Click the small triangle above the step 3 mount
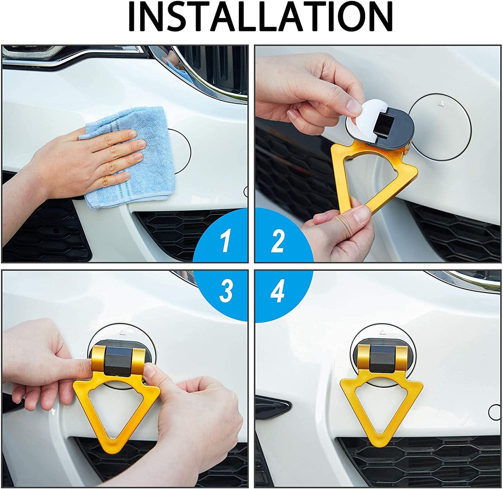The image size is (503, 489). (123, 332)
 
